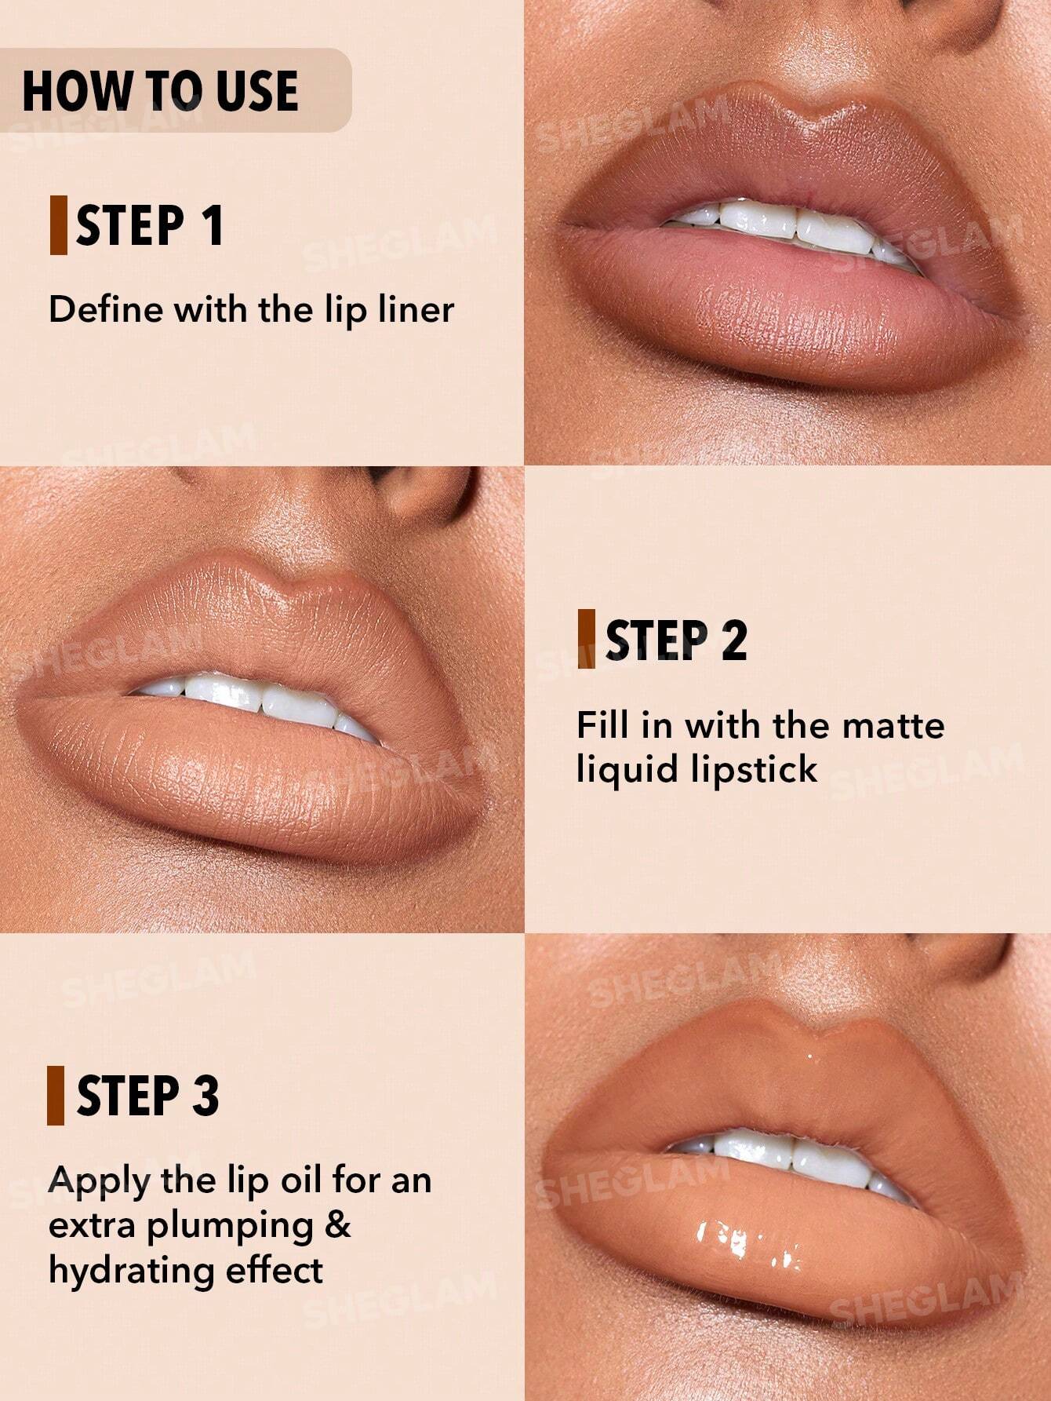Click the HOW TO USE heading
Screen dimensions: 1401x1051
pos(160,91)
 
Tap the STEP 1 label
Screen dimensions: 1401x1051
pos(150,226)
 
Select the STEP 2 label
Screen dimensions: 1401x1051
pos(676,640)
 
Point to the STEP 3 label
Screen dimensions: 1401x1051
pos(147,1096)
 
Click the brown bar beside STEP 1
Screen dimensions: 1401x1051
pos(58,226)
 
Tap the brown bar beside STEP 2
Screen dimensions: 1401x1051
pos(586,639)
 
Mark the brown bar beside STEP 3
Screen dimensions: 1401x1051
pos(56,1096)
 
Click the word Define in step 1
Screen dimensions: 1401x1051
pos(105,309)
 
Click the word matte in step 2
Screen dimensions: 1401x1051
pos(895,725)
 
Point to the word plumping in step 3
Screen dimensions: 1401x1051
pos(230,1227)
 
